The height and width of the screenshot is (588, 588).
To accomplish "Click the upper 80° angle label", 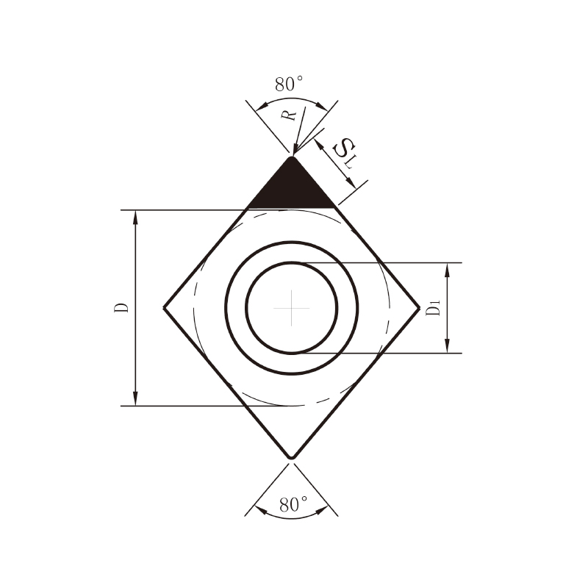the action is click(x=289, y=84).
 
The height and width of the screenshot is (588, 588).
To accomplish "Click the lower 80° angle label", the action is click(x=293, y=504).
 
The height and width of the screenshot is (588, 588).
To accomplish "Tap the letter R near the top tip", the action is click(x=289, y=115).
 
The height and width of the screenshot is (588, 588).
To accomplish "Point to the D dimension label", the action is click(x=121, y=307).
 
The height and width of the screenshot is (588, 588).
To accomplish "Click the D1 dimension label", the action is click(x=433, y=308).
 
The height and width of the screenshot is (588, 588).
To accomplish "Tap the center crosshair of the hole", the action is click(x=291, y=308).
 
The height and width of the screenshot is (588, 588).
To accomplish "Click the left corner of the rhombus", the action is click(x=164, y=308).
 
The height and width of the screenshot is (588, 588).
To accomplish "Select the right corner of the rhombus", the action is click(x=419, y=308).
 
